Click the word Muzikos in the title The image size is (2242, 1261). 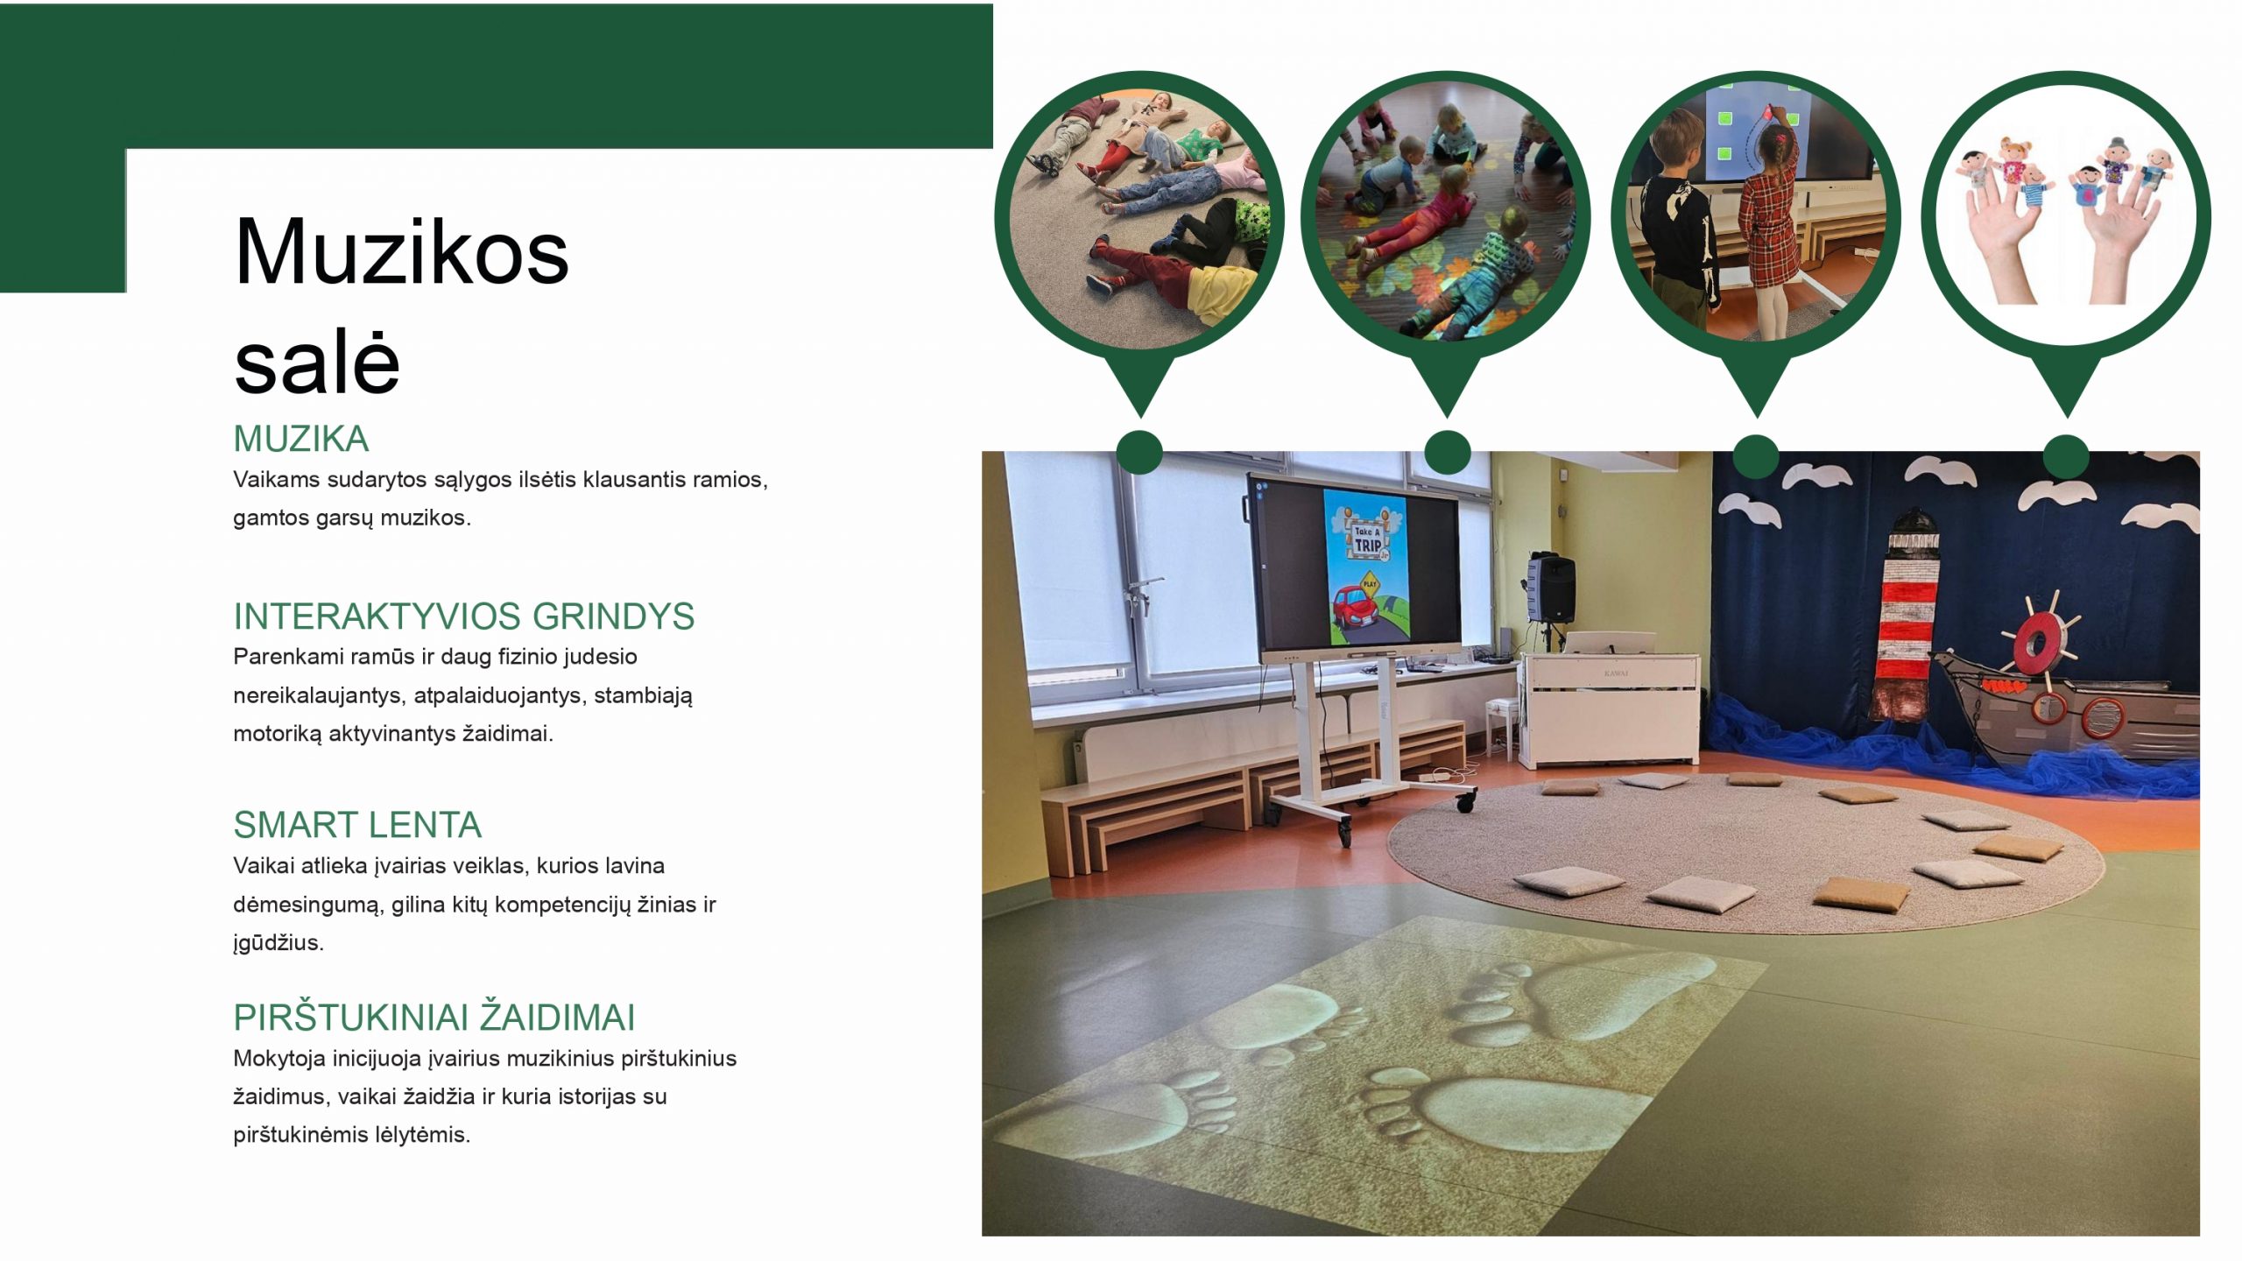tap(401, 252)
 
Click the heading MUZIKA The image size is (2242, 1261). tap(300, 439)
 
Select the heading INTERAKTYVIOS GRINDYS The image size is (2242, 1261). tap(463, 616)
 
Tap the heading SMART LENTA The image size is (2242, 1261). tap(357, 825)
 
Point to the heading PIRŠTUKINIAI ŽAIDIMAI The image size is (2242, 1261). tap(434, 1018)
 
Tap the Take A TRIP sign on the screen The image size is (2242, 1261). tap(1367, 537)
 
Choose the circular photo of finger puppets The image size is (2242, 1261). tap(2066, 215)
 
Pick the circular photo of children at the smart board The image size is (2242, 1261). tap(1756, 215)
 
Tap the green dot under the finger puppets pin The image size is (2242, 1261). tap(2066, 456)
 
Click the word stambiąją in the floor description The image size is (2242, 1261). tap(644, 696)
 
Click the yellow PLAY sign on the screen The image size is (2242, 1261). tap(1370, 582)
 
